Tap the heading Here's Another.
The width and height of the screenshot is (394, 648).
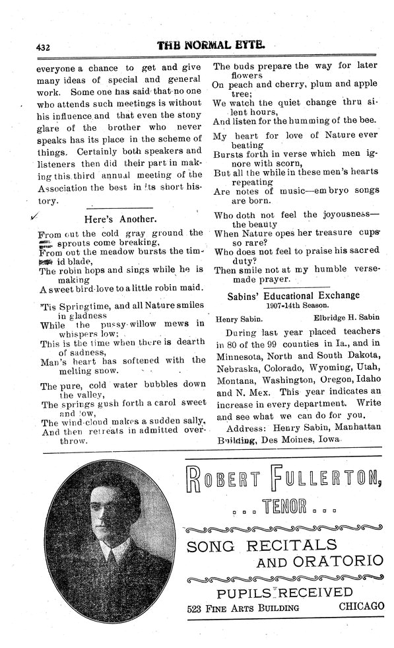click(120, 218)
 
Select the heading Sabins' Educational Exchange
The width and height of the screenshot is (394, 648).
click(294, 295)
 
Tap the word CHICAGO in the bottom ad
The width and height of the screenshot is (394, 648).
click(361, 606)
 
